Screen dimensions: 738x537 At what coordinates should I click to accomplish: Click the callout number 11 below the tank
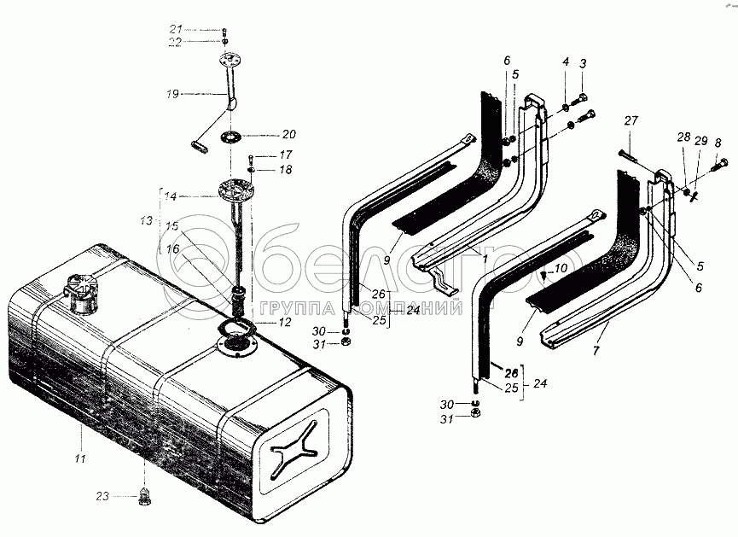80,458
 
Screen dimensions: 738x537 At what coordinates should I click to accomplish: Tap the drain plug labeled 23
145,497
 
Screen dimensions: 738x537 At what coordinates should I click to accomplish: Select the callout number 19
172,94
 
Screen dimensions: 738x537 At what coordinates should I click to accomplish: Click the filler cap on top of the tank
83,293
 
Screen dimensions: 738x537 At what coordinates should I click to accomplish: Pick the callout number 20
289,134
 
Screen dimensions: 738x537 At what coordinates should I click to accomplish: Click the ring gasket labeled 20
231,137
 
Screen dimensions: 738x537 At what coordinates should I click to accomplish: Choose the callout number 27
630,121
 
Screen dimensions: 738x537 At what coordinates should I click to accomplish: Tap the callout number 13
147,220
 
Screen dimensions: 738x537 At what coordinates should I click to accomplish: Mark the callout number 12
285,322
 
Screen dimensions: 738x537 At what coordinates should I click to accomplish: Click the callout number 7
596,351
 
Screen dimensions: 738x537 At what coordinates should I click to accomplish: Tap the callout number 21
176,29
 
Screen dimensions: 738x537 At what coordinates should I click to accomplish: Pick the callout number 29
700,140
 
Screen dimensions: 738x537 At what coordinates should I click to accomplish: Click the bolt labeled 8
720,165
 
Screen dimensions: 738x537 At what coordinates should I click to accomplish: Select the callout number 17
286,155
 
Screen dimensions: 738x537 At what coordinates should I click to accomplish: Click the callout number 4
566,61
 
